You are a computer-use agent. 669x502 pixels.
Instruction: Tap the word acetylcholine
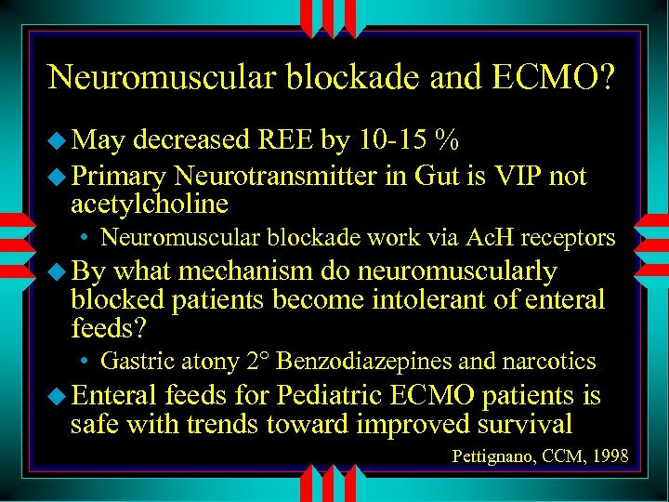click(150, 203)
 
